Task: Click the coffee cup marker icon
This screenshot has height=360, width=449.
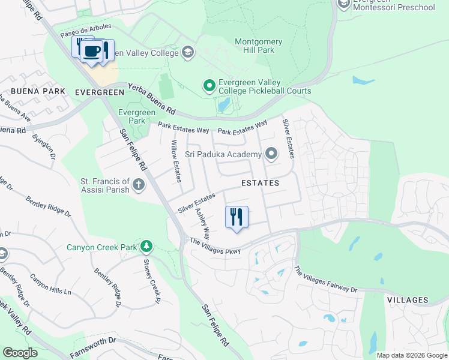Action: (x=92, y=52)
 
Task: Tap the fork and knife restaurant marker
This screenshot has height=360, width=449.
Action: (x=237, y=217)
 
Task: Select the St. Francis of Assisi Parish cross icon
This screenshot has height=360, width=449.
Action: (x=139, y=185)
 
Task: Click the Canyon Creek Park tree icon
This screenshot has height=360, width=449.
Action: (x=146, y=247)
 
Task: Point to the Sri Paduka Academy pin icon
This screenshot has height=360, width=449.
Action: (x=271, y=155)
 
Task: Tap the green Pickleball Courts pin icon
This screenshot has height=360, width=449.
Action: (x=209, y=86)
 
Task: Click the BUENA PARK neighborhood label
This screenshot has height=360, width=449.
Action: (x=37, y=92)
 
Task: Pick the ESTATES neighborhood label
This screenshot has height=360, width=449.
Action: (x=260, y=182)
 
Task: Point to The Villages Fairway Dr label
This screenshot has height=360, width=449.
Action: (x=325, y=280)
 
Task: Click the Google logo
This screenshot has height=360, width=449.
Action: (x=20, y=353)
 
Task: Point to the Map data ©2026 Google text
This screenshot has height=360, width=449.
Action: (x=412, y=355)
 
